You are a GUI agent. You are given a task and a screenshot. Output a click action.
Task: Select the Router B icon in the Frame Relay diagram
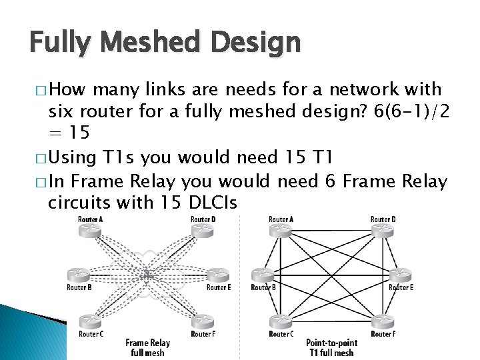pyautogui.click(x=78, y=275)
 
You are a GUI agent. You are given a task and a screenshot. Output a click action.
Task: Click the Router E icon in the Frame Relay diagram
pyautogui.click(x=217, y=275)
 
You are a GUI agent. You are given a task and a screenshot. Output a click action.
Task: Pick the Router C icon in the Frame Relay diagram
pyautogui.click(x=91, y=321)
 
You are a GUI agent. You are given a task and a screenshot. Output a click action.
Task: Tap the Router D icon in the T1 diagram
pyautogui.click(x=383, y=230)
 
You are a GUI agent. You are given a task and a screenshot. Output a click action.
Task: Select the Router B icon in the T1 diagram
pyautogui.click(x=262, y=275)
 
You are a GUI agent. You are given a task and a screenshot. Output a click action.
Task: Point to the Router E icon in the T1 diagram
pyautogui.click(x=401, y=275)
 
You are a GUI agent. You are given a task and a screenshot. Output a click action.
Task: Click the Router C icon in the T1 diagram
pyautogui.click(x=280, y=321)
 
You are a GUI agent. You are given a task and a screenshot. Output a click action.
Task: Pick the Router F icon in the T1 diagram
pyautogui.click(x=383, y=321)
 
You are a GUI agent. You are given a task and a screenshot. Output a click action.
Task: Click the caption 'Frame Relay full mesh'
pyautogui.click(x=147, y=347)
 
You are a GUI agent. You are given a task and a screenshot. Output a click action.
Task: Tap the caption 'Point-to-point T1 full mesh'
pyautogui.click(x=331, y=347)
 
